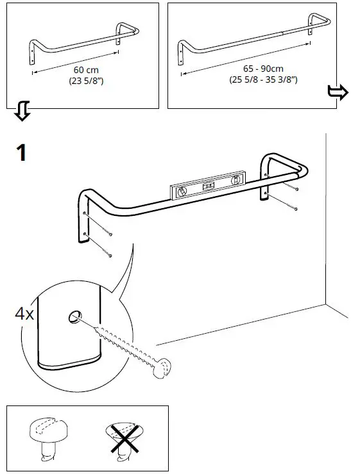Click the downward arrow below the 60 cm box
pyautogui.click(x=22, y=112)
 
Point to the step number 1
pyautogui.click(x=22, y=153)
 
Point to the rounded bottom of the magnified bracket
pyautogui.click(x=67, y=367)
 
